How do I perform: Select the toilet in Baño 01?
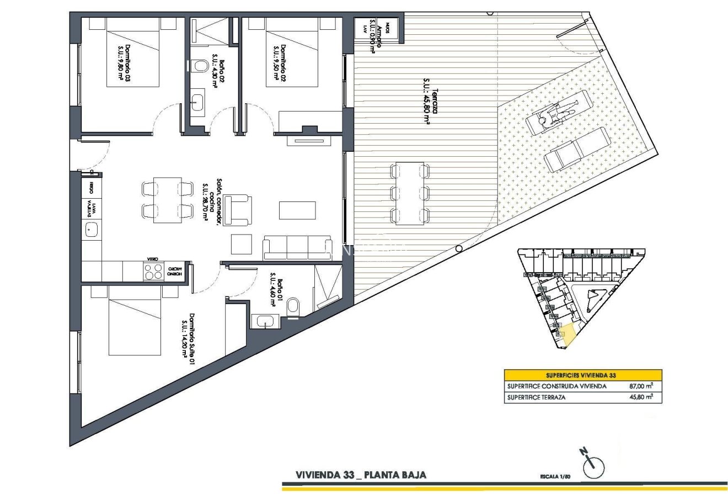pos(295,304)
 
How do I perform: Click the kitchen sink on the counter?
pos(92,228)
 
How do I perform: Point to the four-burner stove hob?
pos(153,270)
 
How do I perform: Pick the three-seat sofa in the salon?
pos(297,247)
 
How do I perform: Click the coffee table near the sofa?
pos(297,210)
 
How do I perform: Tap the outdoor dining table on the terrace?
pos(410,193)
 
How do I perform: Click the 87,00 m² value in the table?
pos(641,386)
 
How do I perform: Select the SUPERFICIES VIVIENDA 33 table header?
pos(583,375)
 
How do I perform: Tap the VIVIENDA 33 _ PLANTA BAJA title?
pos(361,475)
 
